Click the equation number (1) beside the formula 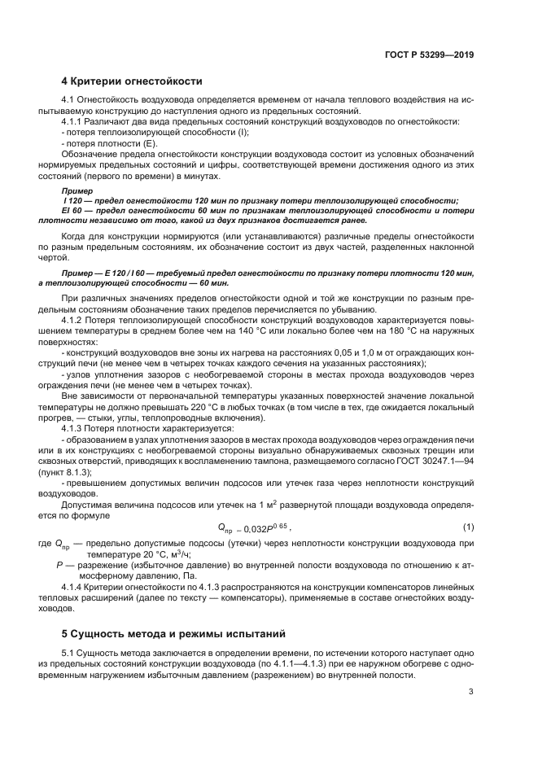468,528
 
